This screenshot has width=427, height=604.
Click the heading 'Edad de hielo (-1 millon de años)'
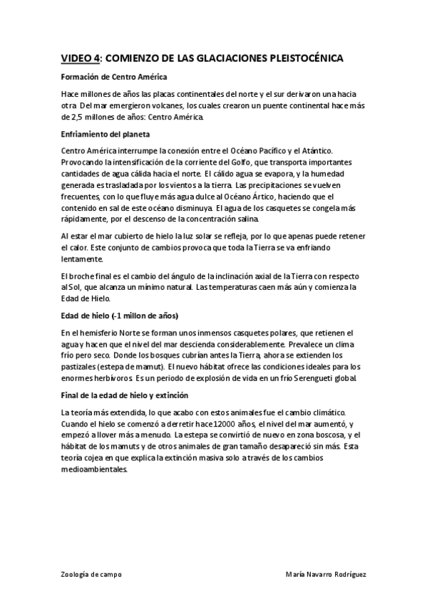pos(120,315)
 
